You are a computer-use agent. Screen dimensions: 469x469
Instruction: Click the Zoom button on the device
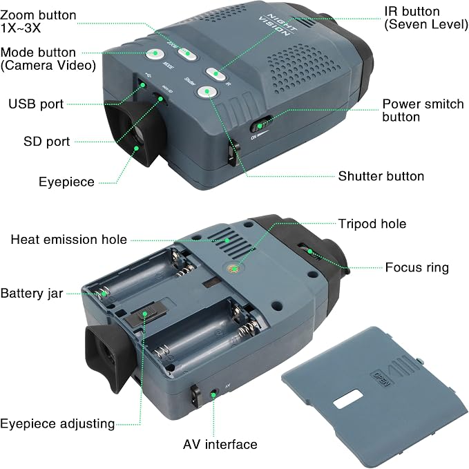pos(187,54)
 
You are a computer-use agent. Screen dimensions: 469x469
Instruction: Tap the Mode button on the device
pos(155,54)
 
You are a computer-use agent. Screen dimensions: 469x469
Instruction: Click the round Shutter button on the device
pos(207,92)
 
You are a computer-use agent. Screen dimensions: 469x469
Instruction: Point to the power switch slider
pos(261,124)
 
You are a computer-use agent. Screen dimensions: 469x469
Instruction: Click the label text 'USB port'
pos(36,104)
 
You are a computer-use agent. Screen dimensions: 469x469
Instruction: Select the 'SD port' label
pos(47,142)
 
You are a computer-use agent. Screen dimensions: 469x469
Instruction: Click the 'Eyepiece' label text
pos(67,182)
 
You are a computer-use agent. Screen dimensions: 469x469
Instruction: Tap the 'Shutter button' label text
pos(381,176)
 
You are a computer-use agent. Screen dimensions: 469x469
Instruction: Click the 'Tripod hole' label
pos(372,224)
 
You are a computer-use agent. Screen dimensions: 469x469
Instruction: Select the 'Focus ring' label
pos(417,267)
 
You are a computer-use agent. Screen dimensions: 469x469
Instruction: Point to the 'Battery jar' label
pos(32,294)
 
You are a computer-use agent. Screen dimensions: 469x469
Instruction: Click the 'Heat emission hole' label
pos(69,240)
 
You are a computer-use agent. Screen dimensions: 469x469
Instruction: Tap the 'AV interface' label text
pos(220,444)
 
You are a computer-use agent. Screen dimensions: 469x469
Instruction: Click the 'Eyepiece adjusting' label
pos(57,424)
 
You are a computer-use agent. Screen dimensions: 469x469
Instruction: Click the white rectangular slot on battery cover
pos(348,399)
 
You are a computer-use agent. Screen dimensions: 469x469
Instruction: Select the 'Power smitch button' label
pos(423,111)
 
